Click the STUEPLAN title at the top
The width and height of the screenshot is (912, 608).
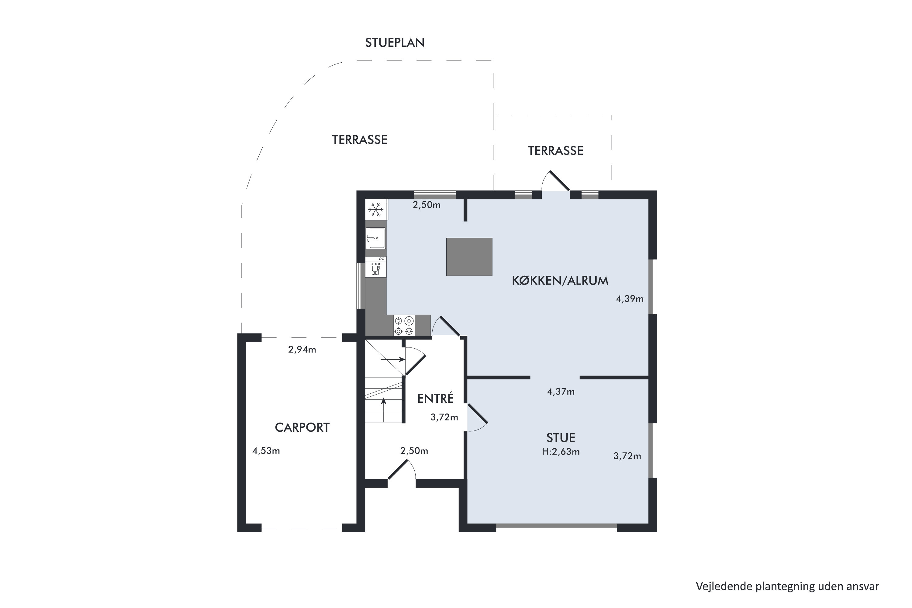tap(395, 43)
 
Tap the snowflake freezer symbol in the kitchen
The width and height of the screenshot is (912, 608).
tap(376, 210)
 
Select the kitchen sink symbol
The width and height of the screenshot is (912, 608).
tap(376, 238)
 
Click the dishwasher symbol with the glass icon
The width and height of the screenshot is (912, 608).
tap(376, 267)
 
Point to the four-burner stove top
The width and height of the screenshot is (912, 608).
tap(404, 325)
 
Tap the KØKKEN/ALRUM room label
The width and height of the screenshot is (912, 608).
tap(560, 281)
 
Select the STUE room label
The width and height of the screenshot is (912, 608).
tap(561, 438)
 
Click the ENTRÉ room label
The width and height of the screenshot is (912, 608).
tap(435, 398)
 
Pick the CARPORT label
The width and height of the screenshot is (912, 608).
tap(302, 427)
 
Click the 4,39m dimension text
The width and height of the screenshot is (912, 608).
tap(630, 299)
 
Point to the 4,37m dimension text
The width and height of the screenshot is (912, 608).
tap(561, 392)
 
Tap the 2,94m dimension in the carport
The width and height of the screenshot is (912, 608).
tap(302, 350)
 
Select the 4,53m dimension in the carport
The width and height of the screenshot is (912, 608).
tap(266, 451)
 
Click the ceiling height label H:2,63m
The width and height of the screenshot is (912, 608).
tap(561, 452)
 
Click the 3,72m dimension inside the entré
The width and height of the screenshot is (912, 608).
tap(444, 417)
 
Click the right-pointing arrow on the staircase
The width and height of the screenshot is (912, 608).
tap(393, 359)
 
